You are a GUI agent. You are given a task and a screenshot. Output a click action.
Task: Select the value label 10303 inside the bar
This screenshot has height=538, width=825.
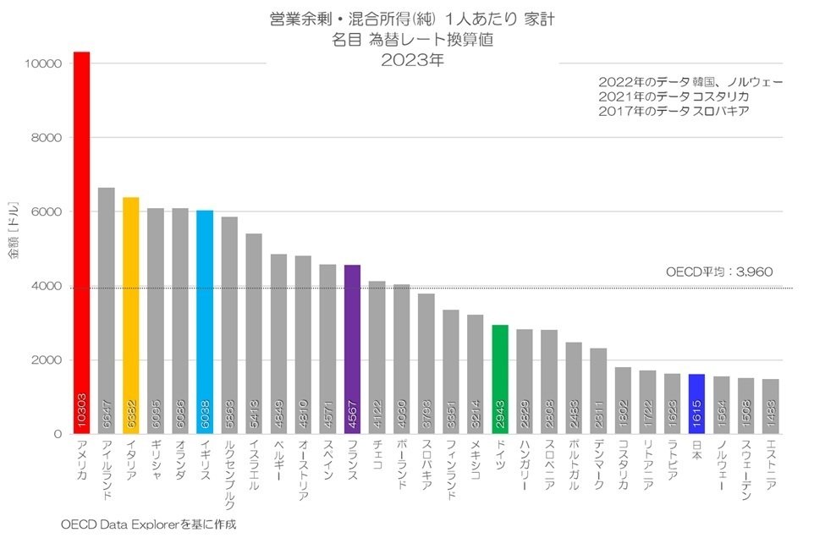click(x=81, y=408)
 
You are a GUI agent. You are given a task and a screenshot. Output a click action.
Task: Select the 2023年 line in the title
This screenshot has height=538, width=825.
click(x=411, y=60)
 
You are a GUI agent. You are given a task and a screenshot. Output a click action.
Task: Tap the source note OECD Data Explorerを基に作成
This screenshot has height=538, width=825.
click(x=148, y=524)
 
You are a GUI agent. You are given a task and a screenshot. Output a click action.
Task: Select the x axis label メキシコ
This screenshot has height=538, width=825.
click(x=476, y=461)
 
